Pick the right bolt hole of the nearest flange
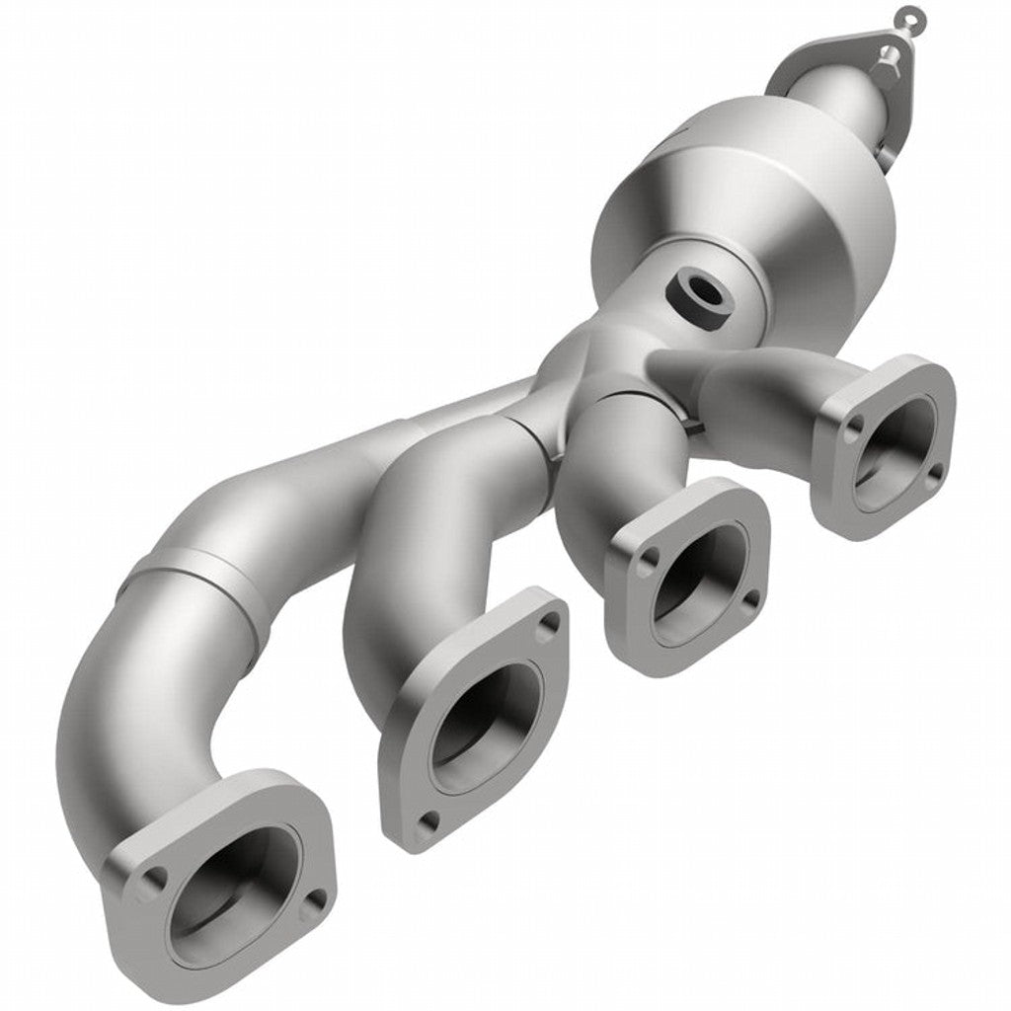315,899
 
